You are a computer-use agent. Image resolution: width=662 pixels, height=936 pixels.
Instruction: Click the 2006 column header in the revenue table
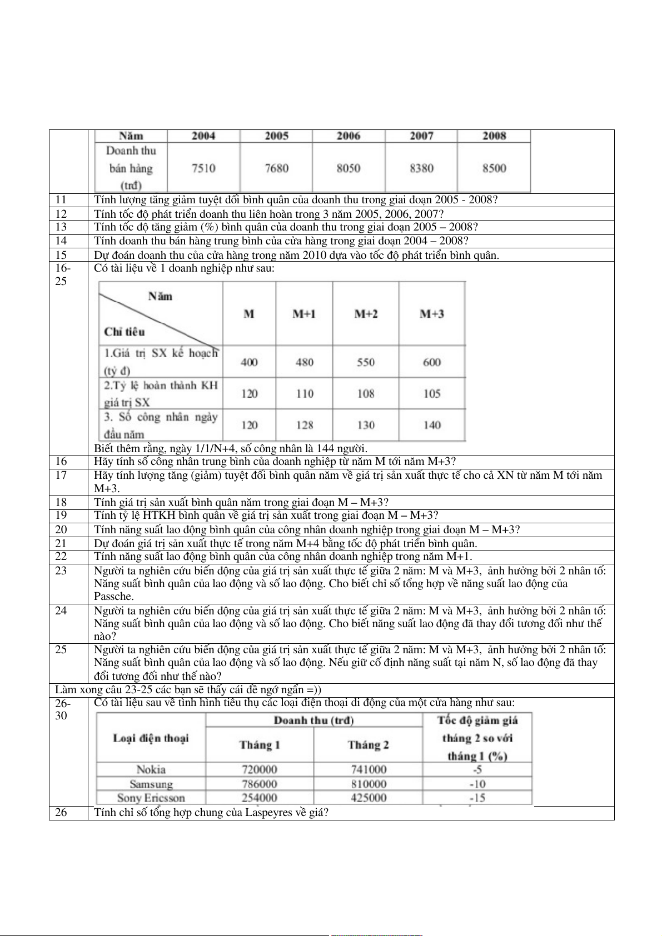pyautogui.click(x=349, y=136)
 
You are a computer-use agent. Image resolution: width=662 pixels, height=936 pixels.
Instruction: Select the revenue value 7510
pyautogui.click(x=203, y=168)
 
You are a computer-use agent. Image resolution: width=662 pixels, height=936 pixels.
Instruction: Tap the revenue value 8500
pyautogui.click(x=494, y=168)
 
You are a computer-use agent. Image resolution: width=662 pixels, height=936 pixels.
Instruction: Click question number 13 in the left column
pyautogui.click(x=61, y=227)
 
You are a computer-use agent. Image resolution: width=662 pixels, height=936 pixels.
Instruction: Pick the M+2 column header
pyautogui.click(x=366, y=314)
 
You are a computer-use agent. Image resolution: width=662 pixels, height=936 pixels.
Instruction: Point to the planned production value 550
pyautogui.click(x=366, y=362)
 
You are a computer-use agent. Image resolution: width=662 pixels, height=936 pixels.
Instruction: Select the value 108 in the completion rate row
pyautogui.click(x=366, y=394)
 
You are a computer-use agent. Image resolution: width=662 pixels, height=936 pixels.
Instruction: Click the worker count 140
pyautogui.click(x=432, y=426)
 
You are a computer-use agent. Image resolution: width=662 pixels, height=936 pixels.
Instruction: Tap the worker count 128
pyautogui.click(x=305, y=426)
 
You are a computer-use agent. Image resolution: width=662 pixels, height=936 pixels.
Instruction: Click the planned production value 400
pyautogui.click(x=249, y=362)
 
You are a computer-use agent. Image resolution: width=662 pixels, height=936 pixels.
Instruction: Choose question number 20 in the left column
pyautogui.click(x=61, y=530)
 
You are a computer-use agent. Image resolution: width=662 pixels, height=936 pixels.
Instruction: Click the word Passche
pyautogui.click(x=114, y=597)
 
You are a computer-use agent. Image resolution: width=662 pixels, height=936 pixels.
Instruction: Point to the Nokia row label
pyautogui.click(x=151, y=770)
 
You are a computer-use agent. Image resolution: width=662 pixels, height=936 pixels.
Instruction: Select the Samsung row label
pyautogui.click(x=151, y=784)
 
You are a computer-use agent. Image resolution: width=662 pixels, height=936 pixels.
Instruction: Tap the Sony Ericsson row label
pyautogui.click(x=151, y=798)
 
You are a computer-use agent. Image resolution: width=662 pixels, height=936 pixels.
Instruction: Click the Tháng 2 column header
pyautogui.click(x=368, y=745)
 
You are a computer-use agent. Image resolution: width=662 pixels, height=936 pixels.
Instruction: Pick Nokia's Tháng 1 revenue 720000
pyautogui.click(x=260, y=770)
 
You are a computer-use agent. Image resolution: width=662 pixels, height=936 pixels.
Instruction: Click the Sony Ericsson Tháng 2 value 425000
pyautogui.click(x=369, y=798)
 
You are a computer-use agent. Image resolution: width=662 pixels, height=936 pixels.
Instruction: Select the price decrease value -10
pyautogui.click(x=477, y=784)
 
